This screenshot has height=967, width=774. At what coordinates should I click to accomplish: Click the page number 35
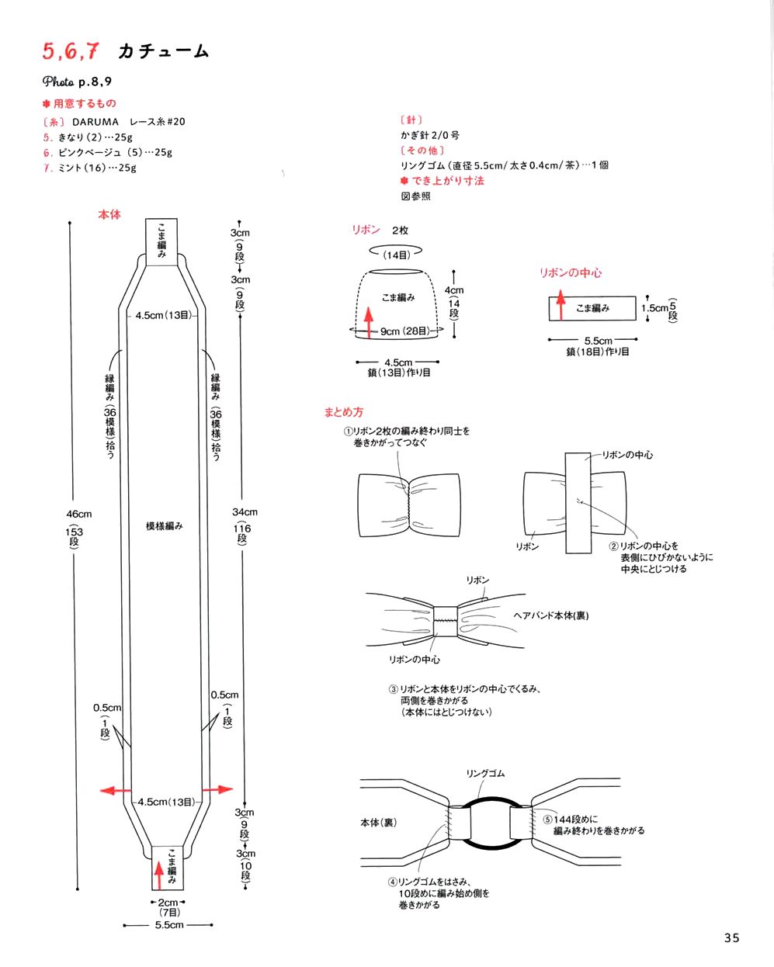tap(731, 938)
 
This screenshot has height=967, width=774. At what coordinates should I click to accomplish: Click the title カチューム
tap(163, 52)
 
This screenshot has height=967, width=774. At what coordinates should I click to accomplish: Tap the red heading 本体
tap(109, 214)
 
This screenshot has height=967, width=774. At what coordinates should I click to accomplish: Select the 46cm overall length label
tap(78, 514)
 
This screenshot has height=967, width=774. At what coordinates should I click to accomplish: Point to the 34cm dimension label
tap(245, 512)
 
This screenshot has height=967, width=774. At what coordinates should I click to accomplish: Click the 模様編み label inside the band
tap(165, 526)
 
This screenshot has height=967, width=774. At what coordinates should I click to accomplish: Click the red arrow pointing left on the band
tap(115, 790)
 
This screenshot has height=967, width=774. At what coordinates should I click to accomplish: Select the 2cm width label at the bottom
tap(168, 903)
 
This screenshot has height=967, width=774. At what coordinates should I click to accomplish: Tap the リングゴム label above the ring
tap(485, 774)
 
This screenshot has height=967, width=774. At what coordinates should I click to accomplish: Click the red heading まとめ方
tap(343, 412)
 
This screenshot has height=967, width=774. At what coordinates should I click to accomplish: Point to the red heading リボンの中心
tap(571, 273)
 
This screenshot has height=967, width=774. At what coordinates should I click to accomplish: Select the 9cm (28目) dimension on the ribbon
tap(404, 331)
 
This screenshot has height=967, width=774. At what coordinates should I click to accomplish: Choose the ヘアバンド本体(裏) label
tap(551, 615)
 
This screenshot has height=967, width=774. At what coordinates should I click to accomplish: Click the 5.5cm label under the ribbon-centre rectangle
tap(598, 341)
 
